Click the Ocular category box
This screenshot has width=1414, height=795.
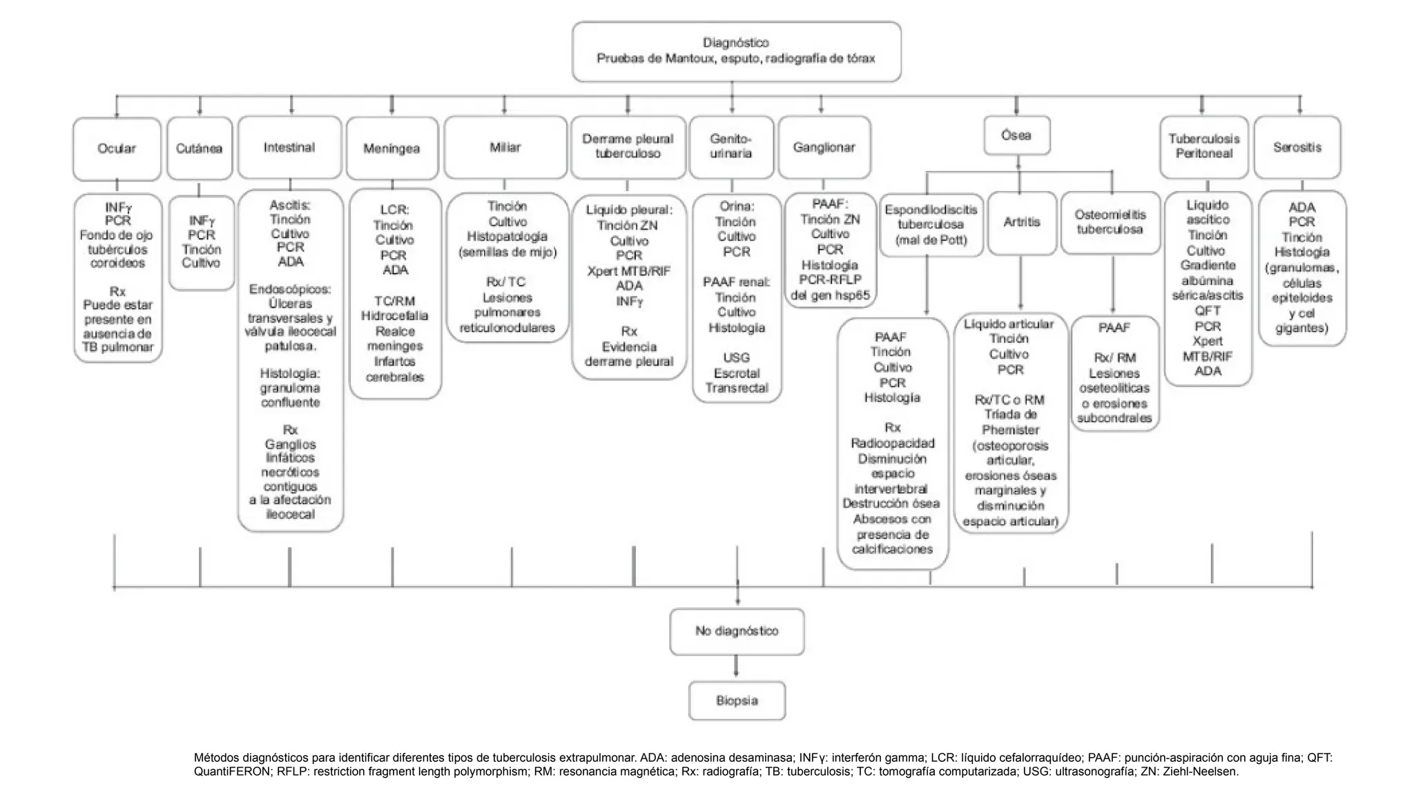117,148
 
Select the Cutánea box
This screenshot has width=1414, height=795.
200,148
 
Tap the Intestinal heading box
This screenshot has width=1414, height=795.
290,148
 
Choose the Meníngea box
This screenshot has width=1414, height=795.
392,148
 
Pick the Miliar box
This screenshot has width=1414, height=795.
505,148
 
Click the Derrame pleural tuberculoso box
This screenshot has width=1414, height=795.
628,147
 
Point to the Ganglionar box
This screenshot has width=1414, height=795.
824,148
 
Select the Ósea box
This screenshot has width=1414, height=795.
1017,135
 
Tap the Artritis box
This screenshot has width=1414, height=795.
1022,223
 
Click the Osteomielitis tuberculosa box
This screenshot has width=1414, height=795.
1110,223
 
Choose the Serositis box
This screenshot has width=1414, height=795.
1297,148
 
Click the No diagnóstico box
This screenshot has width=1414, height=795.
737,631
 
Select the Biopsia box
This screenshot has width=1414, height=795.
737,701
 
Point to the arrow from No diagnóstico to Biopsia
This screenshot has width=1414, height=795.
737,667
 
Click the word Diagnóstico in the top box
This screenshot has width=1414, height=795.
736,43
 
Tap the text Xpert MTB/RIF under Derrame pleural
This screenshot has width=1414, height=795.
629,271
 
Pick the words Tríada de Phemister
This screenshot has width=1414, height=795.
1011,422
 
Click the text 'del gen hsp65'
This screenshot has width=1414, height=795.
831,295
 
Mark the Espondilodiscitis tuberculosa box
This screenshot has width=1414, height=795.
931,225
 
